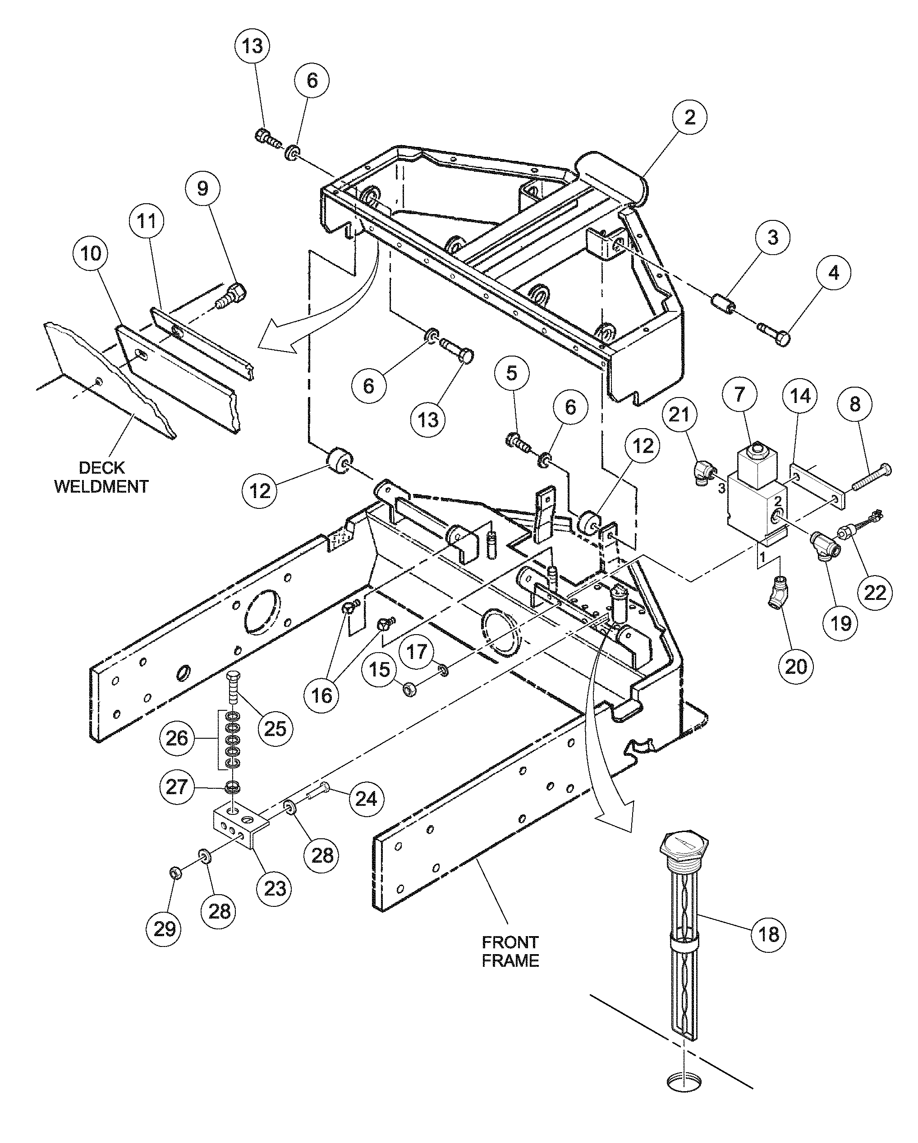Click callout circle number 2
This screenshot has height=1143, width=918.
tap(689, 117)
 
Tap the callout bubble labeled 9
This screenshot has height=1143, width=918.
tap(202, 188)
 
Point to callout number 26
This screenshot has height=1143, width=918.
tap(177, 738)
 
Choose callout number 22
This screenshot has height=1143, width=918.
tap(875, 592)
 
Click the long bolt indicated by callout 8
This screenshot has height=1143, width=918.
tap(871, 477)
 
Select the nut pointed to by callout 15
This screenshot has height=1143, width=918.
tap(410, 690)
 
